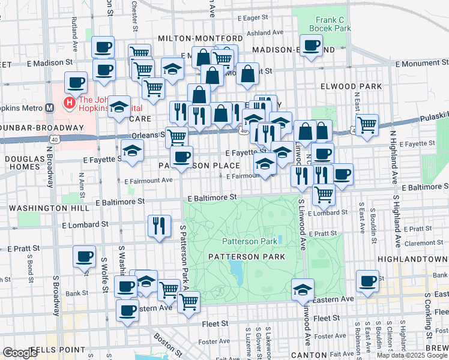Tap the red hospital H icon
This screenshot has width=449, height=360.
coord(69,104)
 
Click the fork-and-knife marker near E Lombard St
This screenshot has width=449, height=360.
coord(159,226)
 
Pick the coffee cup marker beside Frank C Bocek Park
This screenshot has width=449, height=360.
coord(311,46)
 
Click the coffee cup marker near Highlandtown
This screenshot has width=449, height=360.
coord(367,281)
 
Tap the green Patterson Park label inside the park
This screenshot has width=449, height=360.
coord(250,241)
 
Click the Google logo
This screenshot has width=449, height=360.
coord(20,353)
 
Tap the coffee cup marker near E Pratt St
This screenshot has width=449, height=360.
coord(84,256)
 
